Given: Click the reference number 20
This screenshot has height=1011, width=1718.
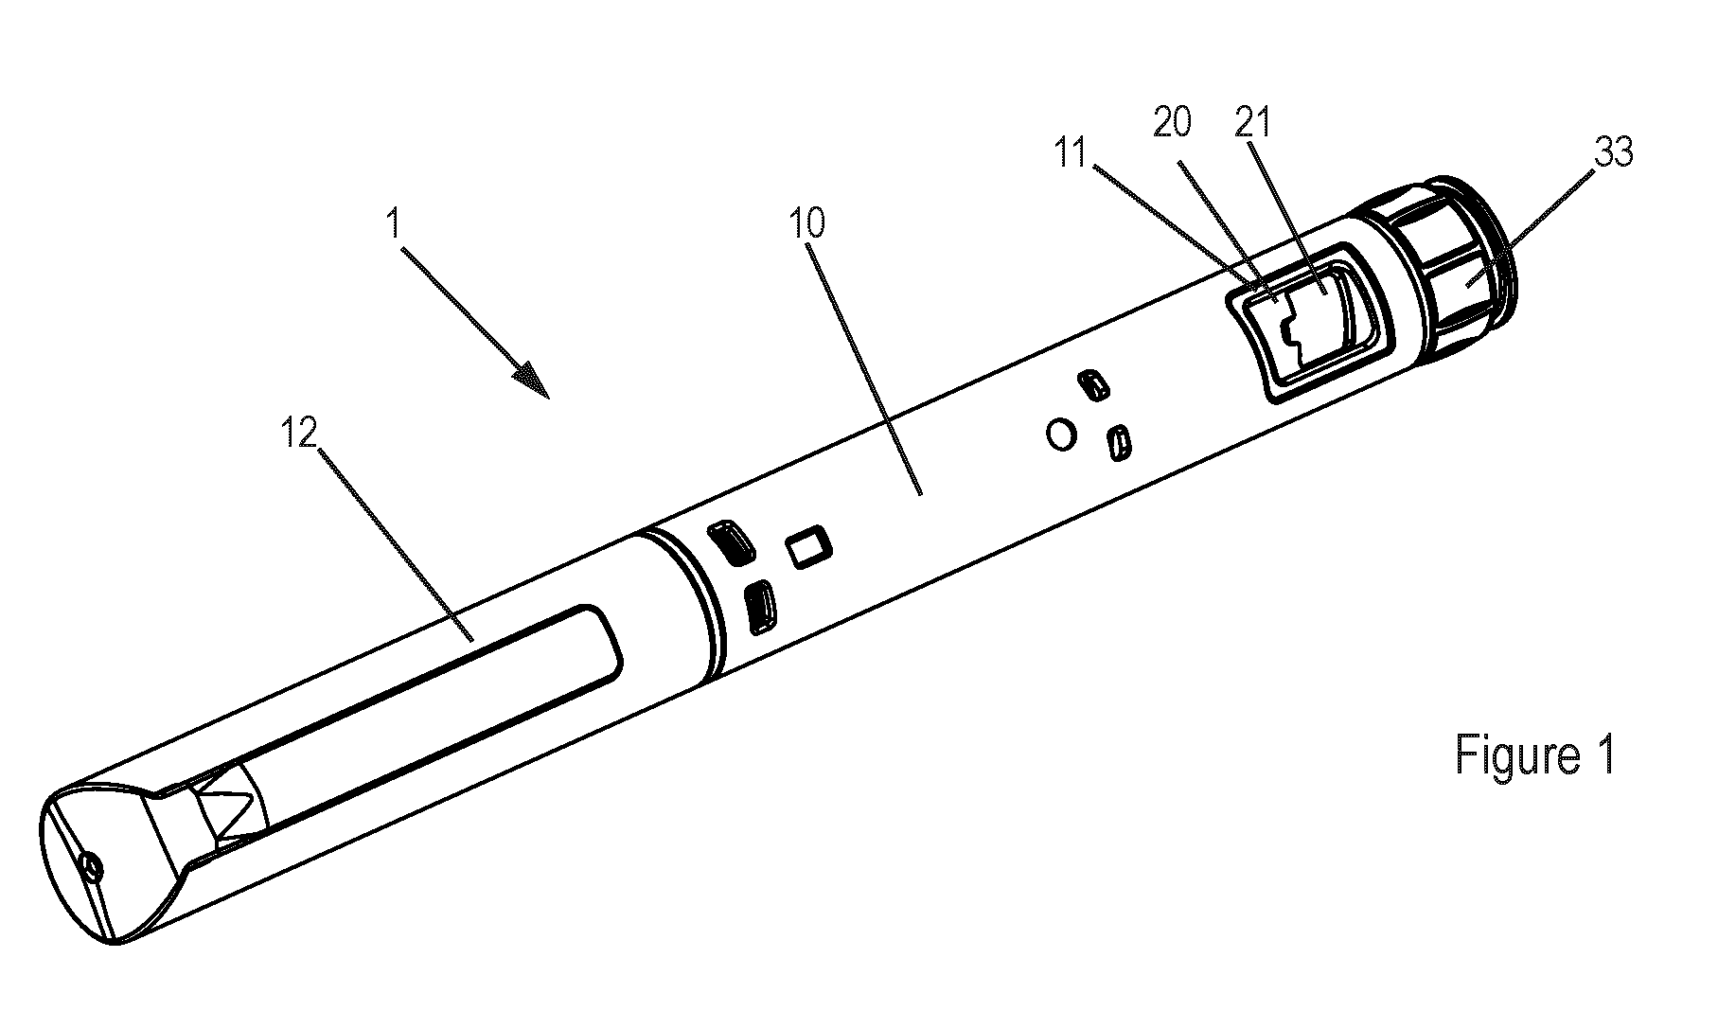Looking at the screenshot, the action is pos(1171,123).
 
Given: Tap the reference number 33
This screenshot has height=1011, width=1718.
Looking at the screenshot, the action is pos(1613,152).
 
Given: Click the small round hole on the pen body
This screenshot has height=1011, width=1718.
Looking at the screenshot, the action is pos(1062,435).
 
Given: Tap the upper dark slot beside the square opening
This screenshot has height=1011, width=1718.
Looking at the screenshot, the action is pos(730,541).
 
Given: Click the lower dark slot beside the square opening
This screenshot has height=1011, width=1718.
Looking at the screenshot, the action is pos(759,606).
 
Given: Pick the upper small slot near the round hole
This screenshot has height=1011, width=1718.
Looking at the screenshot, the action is pos(1092,385).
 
